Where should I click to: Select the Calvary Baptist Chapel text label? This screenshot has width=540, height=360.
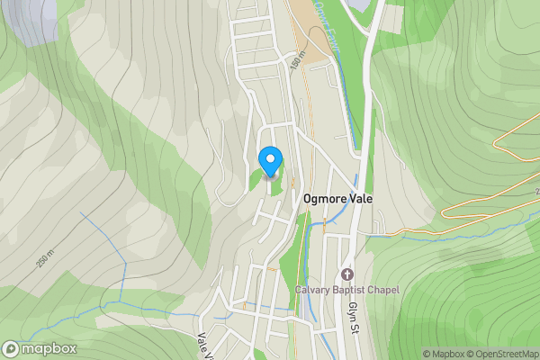click(x=346, y=290)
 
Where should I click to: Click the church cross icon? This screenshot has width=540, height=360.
click(x=346, y=274)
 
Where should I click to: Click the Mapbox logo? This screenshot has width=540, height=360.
click(x=40, y=348)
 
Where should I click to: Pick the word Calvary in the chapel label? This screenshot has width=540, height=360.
click(x=311, y=290)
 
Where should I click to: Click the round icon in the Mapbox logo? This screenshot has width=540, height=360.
click(x=12, y=348)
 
